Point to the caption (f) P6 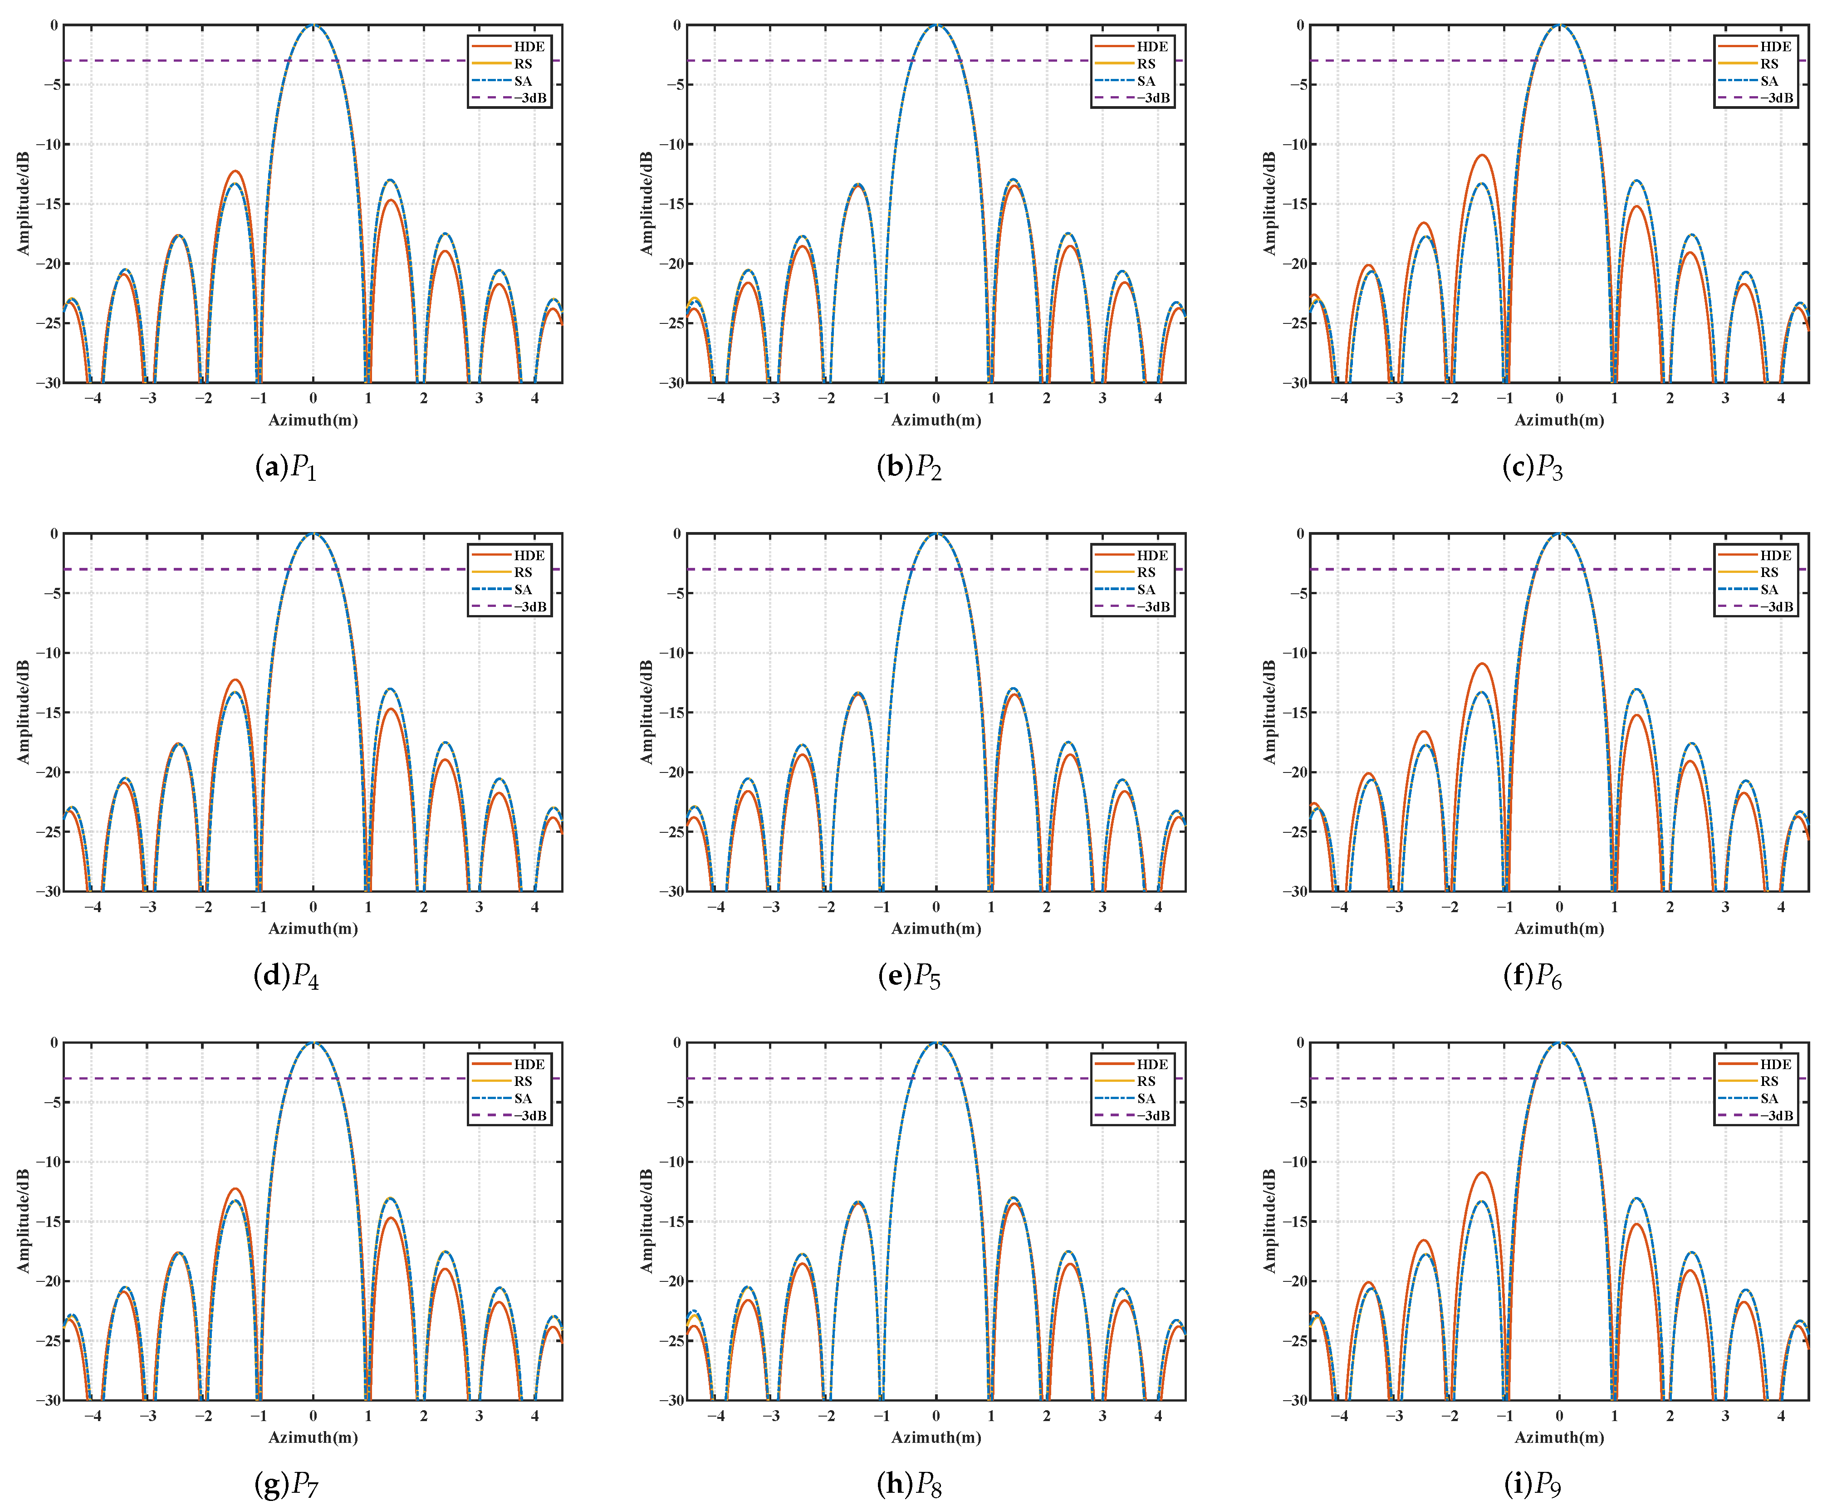(x=1532, y=977)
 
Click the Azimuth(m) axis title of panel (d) (x=313, y=928)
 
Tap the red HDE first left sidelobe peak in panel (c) (x=1481, y=156)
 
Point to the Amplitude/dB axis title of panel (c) (x=1269, y=204)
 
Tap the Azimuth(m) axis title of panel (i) (x=1559, y=1437)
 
